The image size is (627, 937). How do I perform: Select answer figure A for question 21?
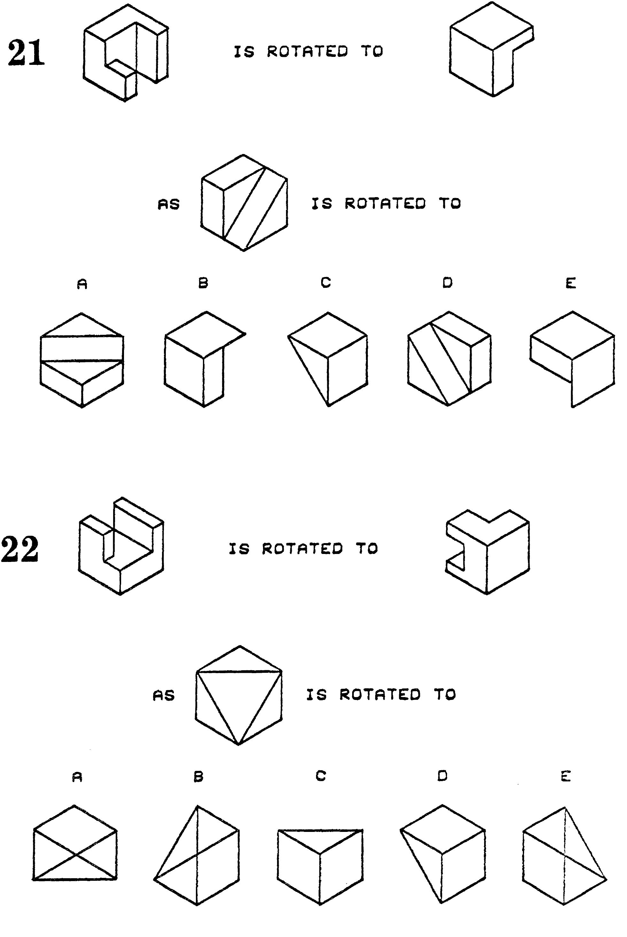click(82, 360)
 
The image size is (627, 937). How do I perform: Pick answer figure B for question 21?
click(205, 359)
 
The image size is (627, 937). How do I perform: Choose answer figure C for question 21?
click(328, 359)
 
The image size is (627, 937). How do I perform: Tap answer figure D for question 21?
click(449, 358)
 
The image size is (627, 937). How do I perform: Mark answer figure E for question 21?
click(573, 359)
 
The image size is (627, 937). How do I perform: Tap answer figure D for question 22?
click(443, 854)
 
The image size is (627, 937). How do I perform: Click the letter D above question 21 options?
click(447, 283)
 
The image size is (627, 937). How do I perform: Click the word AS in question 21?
click(169, 205)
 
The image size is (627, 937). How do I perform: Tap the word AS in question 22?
click(164, 696)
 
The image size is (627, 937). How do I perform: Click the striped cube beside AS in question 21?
click(244, 203)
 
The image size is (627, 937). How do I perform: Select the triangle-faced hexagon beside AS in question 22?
click(239, 695)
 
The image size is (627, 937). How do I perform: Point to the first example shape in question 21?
click(126, 53)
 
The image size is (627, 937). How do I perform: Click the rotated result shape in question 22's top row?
click(487, 552)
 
